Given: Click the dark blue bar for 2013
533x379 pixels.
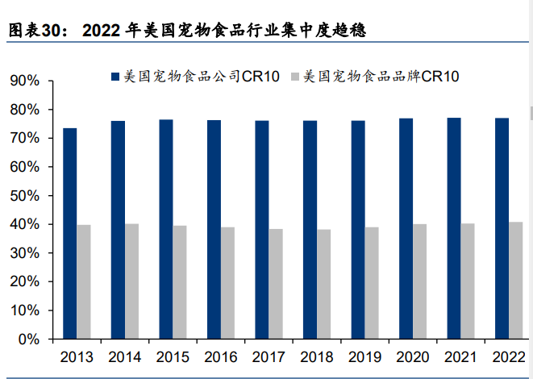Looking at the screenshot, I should pos(70,233).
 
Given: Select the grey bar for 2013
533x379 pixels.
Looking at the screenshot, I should pos(85,281).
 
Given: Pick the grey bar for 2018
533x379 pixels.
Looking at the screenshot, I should pos(323,284).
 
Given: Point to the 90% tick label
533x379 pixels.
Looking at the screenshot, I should pos(26,81).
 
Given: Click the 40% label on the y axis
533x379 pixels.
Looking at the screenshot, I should pos(26,225).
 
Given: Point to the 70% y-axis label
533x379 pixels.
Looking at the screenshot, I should pos(26,139).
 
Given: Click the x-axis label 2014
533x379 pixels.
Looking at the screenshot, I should pos(124,357).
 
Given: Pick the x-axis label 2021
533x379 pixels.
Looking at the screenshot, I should pos(460,357).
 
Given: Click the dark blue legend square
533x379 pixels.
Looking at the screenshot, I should pos(115,77).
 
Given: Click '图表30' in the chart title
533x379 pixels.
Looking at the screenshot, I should pos(32,31).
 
